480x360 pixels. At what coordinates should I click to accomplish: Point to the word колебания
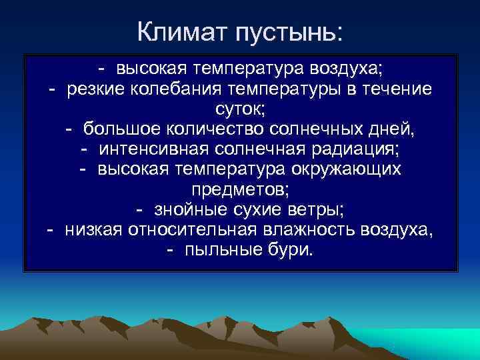[x=172, y=89]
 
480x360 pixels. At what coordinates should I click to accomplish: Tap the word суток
[x=239, y=109]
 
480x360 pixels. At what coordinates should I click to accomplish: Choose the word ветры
[x=318, y=210]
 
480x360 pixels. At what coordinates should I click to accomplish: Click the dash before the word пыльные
[x=171, y=251]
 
